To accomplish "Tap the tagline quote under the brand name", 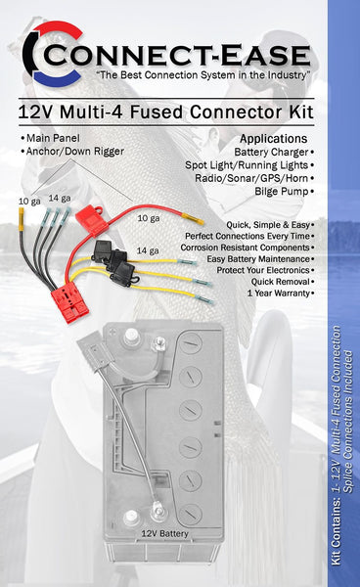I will tap(186, 75).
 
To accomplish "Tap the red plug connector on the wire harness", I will tap(73, 299).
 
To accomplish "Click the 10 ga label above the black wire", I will tap(28, 201).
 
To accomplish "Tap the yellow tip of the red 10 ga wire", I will tap(198, 222).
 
